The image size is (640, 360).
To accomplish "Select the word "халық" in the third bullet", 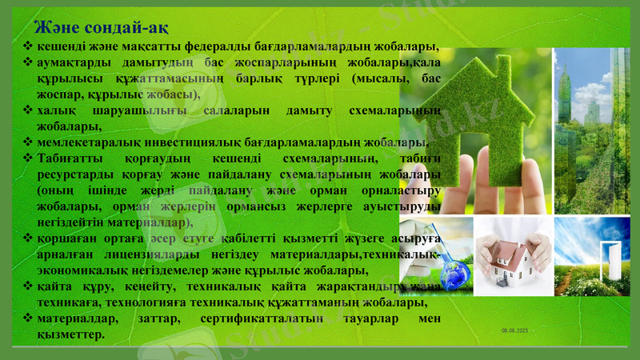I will [55, 110].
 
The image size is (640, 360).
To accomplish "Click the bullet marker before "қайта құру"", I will [28, 286].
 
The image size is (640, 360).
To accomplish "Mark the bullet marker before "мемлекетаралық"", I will [28, 142].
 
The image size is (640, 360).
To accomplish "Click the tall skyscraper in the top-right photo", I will [566, 88].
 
